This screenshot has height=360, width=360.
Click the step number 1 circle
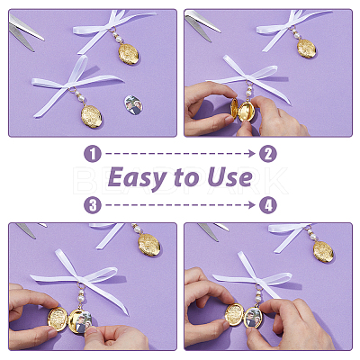(x=93, y=154)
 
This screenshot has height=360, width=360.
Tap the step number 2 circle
(x=267, y=154)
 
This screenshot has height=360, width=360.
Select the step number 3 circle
(x=93, y=205)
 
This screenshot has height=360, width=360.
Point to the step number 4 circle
(x=267, y=205)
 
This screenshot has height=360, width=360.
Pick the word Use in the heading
(x=230, y=177)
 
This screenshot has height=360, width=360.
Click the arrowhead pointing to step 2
(x=252, y=154)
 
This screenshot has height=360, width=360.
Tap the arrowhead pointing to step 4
(x=252, y=205)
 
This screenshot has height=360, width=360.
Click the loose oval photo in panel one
(x=133, y=105)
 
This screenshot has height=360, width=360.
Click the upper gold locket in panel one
(x=129, y=54)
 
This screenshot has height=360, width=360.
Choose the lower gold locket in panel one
(x=91, y=116)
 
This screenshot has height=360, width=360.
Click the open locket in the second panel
(x=243, y=110)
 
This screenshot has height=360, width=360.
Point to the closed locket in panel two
(x=307, y=49)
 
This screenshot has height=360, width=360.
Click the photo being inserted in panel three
(x=83, y=322)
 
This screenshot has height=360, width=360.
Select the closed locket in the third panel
(x=149, y=245)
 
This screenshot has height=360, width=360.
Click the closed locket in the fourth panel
(x=323, y=251)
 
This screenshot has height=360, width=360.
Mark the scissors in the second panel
(x=202, y=25)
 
